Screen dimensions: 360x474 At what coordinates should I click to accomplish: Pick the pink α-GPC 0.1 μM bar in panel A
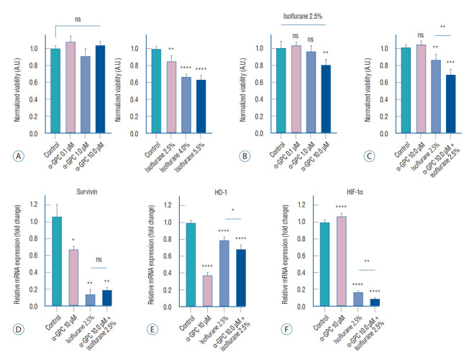point(70,87)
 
